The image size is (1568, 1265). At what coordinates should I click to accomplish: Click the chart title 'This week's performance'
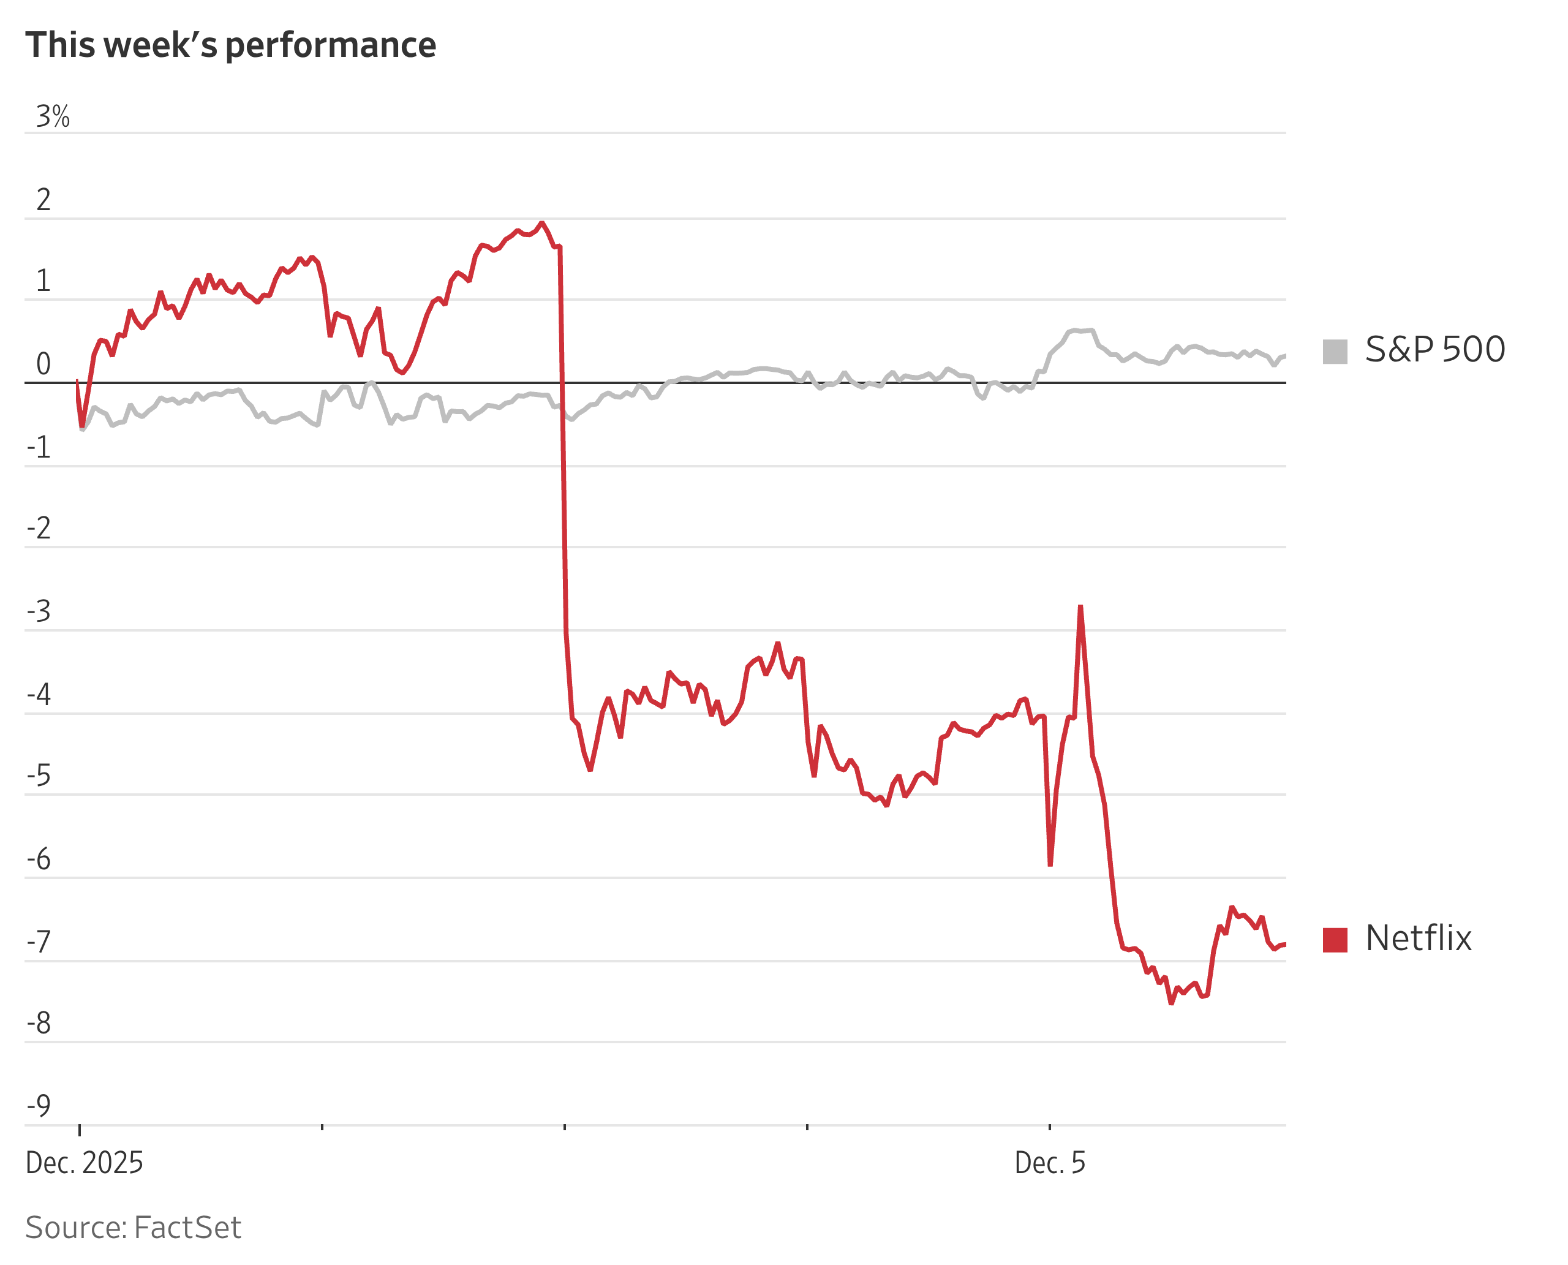click(x=230, y=45)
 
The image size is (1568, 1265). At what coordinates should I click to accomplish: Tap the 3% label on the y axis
click(x=53, y=116)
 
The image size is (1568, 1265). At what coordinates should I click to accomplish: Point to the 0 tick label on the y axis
click(x=43, y=364)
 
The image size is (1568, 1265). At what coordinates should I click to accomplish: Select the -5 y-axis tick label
click(x=39, y=776)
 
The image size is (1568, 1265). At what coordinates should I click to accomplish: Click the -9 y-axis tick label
click(x=39, y=1105)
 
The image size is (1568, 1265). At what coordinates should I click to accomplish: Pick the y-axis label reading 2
click(x=43, y=200)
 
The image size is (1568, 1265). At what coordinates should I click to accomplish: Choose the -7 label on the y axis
click(x=39, y=942)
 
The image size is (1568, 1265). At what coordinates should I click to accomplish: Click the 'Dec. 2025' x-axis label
click(x=84, y=1162)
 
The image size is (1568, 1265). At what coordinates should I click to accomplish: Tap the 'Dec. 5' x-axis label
click(x=1049, y=1162)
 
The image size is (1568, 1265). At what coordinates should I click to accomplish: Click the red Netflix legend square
click(x=1335, y=939)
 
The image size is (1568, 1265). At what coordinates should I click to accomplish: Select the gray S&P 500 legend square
click(x=1335, y=351)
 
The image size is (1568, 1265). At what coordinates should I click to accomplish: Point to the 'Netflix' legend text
click(x=1418, y=938)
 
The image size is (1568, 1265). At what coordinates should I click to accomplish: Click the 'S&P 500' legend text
click(x=1434, y=350)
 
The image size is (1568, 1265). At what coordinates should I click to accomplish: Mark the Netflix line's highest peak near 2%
click(x=541, y=223)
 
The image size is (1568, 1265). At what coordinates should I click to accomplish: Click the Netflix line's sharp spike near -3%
click(x=1080, y=606)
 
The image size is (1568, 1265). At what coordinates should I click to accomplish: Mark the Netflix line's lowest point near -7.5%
click(x=1171, y=1003)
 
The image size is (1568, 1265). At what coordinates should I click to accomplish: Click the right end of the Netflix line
click(x=1284, y=945)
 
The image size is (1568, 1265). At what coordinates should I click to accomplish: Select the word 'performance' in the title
click(x=330, y=45)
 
